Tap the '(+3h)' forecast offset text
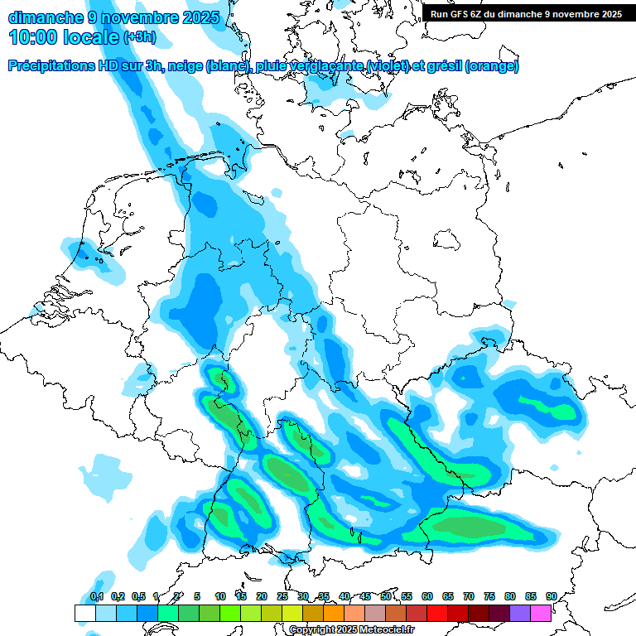[x=139, y=37]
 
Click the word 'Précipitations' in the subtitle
[x=51, y=66]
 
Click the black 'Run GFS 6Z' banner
[x=526, y=13]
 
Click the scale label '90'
[x=552, y=596]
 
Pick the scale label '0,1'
[x=96, y=596]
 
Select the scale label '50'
[x=386, y=596]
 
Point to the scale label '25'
[x=282, y=596]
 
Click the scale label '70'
[x=469, y=596]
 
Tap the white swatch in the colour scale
[x=84, y=613]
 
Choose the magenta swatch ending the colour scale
[x=541, y=613]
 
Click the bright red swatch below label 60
[x=437, y=613]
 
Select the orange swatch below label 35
[x=334, y=613]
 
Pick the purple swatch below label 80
[x=520, y=613]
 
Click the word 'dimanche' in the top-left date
[x=46, y=17]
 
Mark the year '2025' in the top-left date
[x=199, y=17]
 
